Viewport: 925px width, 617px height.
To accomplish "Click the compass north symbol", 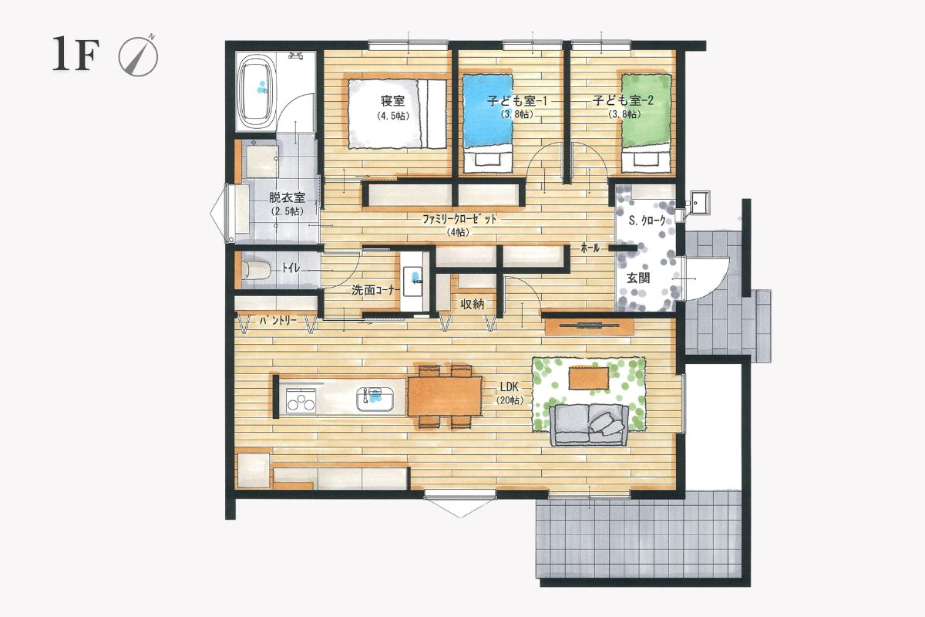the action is click(139, 56).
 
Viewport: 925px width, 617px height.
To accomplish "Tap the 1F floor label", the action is click(76, 54).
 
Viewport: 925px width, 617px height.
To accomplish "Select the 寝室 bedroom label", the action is click(392, 100).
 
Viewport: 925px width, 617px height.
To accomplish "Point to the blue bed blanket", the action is click(487, 111).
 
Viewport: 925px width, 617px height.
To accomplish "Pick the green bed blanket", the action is click(646, 110).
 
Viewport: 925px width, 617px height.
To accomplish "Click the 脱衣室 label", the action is click(287, 197).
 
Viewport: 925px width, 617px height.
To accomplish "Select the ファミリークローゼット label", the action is click(459, 220).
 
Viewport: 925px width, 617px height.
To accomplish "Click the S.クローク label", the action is click(647, 221).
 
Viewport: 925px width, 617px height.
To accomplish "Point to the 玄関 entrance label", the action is click(638, 278).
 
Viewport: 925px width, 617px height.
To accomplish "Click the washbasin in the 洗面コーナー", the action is click(412, 281).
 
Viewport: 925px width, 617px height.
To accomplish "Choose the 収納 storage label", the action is click(473, 304).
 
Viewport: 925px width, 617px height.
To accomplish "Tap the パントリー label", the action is click(278, 320).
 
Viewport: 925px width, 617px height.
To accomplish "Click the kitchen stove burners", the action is click(301, 400).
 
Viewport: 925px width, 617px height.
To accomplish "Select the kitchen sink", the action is click(375, 400).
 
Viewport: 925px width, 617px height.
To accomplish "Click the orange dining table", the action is click(445, 396).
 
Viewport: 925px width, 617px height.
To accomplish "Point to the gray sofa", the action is click(589, 425).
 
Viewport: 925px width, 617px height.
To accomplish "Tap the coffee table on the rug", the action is click(588, 378).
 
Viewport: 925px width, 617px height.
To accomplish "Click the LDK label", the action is click(509, 387).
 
